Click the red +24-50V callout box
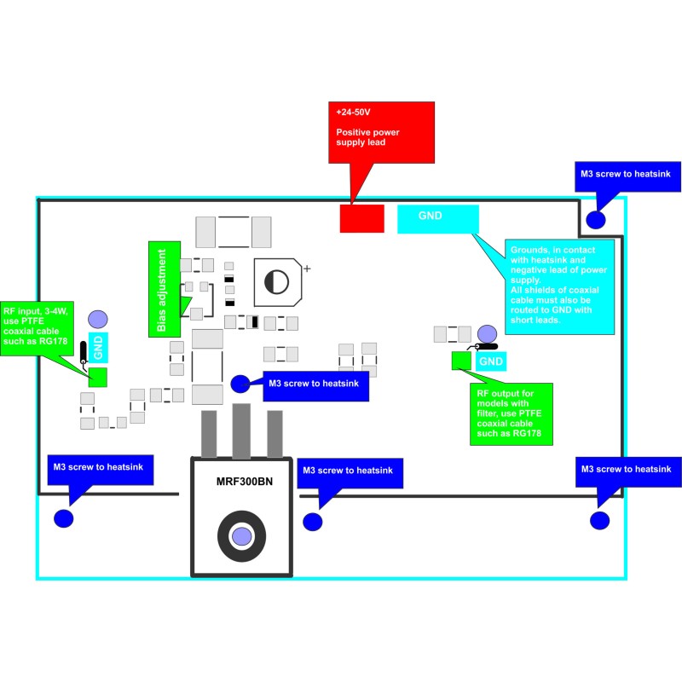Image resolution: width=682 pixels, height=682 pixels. (x=381, y=132)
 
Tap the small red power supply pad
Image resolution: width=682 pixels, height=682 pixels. (x=361, y=218)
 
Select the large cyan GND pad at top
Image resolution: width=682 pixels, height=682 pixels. (x=437, y=218)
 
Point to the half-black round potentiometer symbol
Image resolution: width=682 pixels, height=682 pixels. (x=275, y=282)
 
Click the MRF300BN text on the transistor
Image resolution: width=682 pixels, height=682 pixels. (x=245, y=483)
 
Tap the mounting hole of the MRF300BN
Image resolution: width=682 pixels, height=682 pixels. (x=242, y=535)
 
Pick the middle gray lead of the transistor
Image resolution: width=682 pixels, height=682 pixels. (x=242, y=431)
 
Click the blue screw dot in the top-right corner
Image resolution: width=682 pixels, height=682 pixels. (x=597, y=218)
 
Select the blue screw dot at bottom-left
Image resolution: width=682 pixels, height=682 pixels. (x=63, y=518)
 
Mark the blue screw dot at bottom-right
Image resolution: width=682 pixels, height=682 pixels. (x=600, y=520)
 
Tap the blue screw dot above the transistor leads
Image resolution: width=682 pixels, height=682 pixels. (x=240, y=383)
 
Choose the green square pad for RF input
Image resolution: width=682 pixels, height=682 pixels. (x=97, y=375)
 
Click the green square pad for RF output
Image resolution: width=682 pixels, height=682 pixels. (x=461, y=361)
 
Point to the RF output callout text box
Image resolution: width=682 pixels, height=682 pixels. (x=511, y=413)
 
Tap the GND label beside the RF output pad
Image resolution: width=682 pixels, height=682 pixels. (x=491, y=361)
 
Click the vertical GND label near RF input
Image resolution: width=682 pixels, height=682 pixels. (x=98, y=347)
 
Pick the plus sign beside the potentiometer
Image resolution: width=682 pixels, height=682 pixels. (x=307, y=269)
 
